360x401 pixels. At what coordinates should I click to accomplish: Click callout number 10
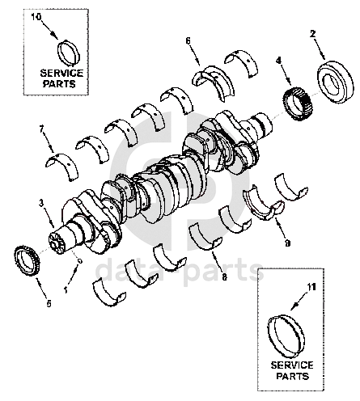(36, 17)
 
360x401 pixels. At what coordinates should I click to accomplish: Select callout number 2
(312, 34)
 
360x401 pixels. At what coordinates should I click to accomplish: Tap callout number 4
(278, 61)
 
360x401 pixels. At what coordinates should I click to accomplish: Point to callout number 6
(188, 40)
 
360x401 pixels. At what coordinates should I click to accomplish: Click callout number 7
(41, 129)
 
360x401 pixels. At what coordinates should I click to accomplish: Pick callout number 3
(40, 203)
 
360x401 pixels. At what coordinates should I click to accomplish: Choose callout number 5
(49, 304)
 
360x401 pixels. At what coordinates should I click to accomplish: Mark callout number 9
(287, 243)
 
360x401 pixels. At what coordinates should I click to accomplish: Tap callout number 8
(224, 276)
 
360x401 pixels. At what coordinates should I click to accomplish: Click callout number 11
(311, 288)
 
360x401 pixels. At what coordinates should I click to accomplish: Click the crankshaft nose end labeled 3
(57, 243)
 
